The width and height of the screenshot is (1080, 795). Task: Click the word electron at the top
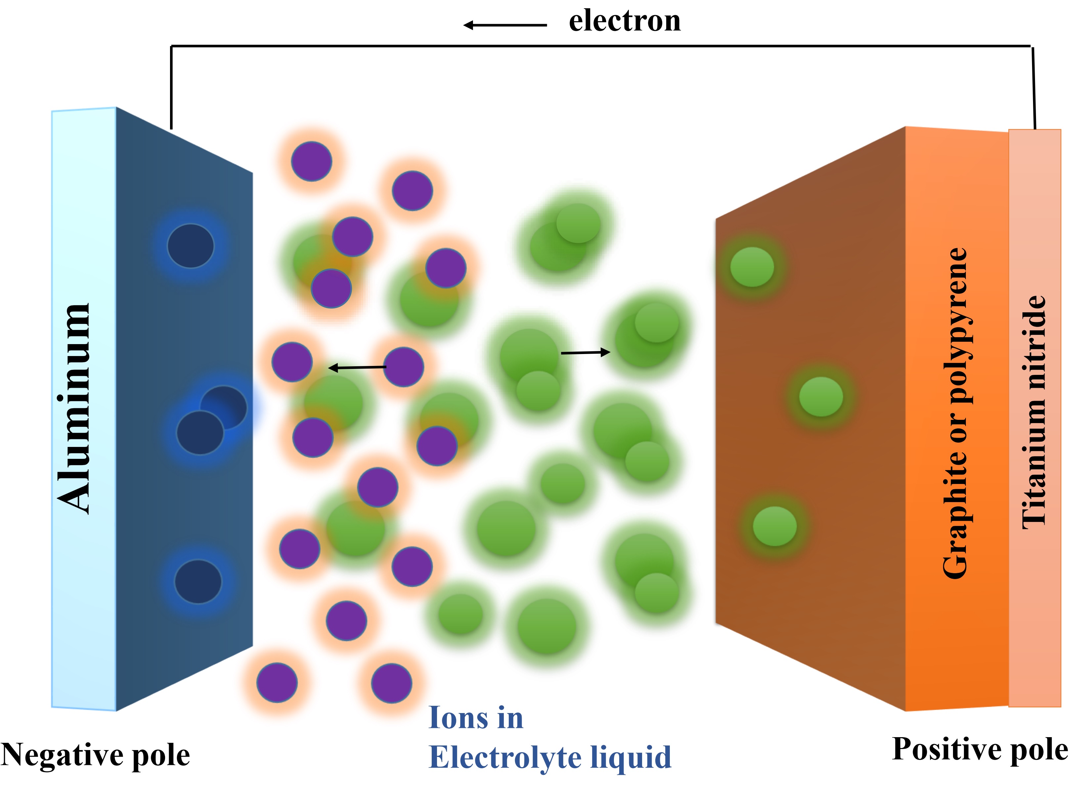(x=625, y=22)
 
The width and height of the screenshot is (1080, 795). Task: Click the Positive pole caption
(x=980, y=749)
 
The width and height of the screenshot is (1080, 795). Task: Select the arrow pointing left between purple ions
(x=357, y=368)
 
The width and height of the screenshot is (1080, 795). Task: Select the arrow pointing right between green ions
(x=585, y=353)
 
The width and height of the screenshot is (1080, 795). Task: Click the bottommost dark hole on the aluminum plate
(x=198, y=581)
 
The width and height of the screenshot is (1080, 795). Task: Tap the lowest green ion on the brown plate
(x=774, y=526)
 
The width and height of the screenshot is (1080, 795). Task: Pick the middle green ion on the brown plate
(x=821, y=397)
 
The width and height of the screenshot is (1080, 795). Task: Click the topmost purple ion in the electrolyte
(x=312, y=161)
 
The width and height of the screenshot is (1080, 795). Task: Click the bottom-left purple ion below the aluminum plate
(x=277, y=682)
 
